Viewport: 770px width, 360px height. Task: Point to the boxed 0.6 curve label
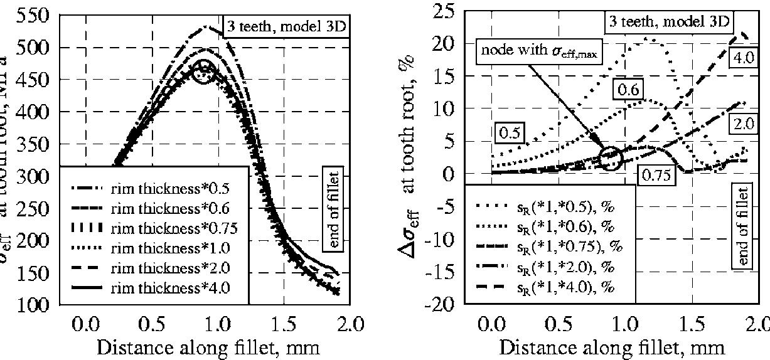tap(628, 90)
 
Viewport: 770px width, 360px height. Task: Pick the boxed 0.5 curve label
tap(510, 133)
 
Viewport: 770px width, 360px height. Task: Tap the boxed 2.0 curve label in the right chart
tap(747, 124)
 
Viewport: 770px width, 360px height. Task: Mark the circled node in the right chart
tap(611, 157)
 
